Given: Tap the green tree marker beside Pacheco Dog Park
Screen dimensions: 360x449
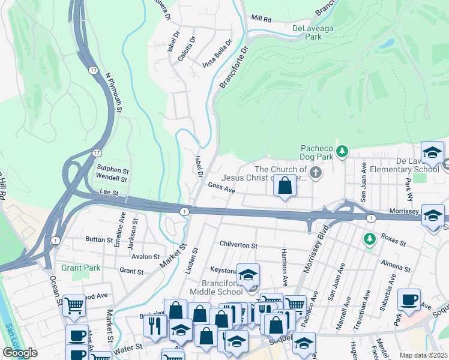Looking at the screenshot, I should (x=342, y=151).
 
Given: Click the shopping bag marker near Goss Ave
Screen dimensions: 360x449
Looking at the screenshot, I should (x=285, y=186).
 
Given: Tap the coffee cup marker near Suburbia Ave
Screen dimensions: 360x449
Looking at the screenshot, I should (x=409, y=299).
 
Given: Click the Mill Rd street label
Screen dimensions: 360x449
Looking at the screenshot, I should (x=261, y=19).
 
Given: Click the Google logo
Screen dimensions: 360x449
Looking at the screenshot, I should (x=20, y=353).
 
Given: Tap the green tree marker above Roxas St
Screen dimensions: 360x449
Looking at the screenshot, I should (x=370, y=239).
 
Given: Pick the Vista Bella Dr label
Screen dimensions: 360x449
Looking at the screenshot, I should (x=217, y=53).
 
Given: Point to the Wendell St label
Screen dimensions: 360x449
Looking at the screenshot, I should (x=112, y=179).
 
